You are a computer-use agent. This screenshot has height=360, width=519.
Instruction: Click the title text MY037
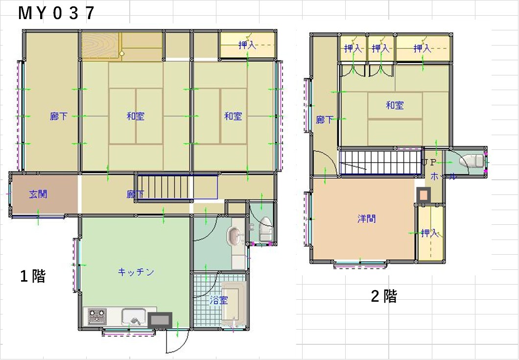click(56, 13)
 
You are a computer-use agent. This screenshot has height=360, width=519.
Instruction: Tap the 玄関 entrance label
click(38, 194)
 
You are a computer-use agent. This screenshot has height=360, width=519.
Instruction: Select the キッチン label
click(136, 272)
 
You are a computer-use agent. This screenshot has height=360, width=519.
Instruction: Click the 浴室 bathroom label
click(219, 300)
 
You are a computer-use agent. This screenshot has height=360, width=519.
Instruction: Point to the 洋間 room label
click(366, 218)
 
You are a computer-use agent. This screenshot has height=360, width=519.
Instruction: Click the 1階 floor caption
click(33, 276)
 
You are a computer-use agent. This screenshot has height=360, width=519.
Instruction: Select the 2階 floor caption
click(384, 296)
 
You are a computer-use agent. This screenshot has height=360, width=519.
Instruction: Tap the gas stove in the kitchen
click(97, 316)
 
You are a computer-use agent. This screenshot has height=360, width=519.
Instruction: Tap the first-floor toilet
click(265, 229)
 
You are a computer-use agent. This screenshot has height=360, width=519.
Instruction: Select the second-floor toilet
click(471, 162)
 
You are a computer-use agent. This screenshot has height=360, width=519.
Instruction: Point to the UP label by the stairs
click(429, 163)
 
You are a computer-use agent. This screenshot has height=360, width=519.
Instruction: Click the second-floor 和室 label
click(395, 105)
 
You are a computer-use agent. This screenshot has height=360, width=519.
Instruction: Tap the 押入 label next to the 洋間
click(429, 233)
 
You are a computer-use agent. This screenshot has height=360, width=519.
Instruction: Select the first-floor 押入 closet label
click(247, 45)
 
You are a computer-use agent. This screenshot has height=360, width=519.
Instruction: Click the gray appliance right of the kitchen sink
click(160, 320)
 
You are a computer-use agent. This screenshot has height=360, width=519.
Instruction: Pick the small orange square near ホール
click(424, 195)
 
